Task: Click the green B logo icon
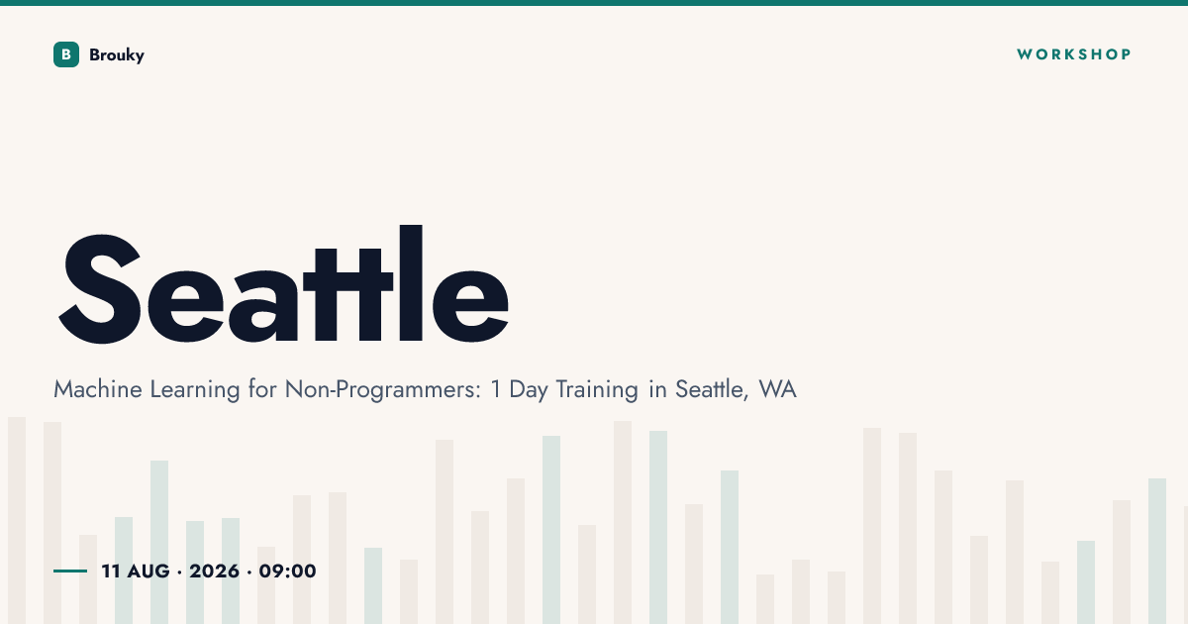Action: (66, 54)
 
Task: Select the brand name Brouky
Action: (117, 55)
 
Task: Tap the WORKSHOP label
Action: (1074, 54)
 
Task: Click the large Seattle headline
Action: (283, 284)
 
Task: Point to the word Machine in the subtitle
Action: (98, 389)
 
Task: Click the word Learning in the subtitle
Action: (195, 390)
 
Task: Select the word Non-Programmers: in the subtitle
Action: (383, 390)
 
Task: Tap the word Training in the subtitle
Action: (597, 390)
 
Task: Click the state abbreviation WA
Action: (777, 389)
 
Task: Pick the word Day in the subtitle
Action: (529, 390)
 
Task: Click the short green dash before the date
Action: (70, 571)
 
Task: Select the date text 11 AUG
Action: (136, 571)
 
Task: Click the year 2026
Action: (214, 571)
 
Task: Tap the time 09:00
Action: (287, 571)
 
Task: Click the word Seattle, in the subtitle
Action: (712, 390)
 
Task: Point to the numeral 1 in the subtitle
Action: (496, 389)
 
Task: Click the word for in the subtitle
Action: (262, 389)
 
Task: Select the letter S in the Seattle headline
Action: (100, 288)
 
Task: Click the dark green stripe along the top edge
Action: (594, 3)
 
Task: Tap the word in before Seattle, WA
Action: (657, 389)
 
